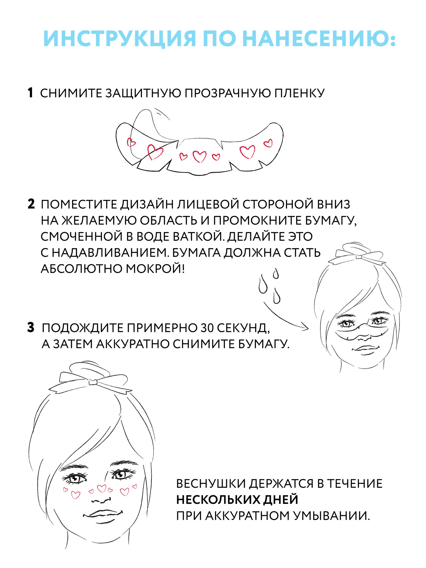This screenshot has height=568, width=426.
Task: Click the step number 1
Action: coord(30,93)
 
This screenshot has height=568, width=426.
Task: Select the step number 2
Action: coord(31,204)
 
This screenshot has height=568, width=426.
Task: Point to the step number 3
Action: coord(31,328)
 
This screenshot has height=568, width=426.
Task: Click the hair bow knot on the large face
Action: coord(93,382)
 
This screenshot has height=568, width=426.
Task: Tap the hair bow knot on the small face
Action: coord(359,257)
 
